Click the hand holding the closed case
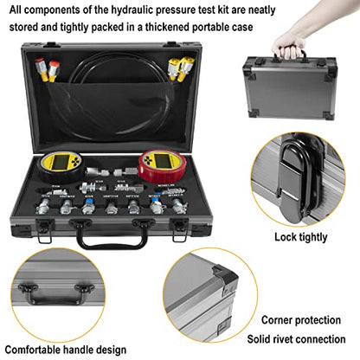[x=289, y=45]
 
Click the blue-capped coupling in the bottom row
[x=158, y=208]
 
